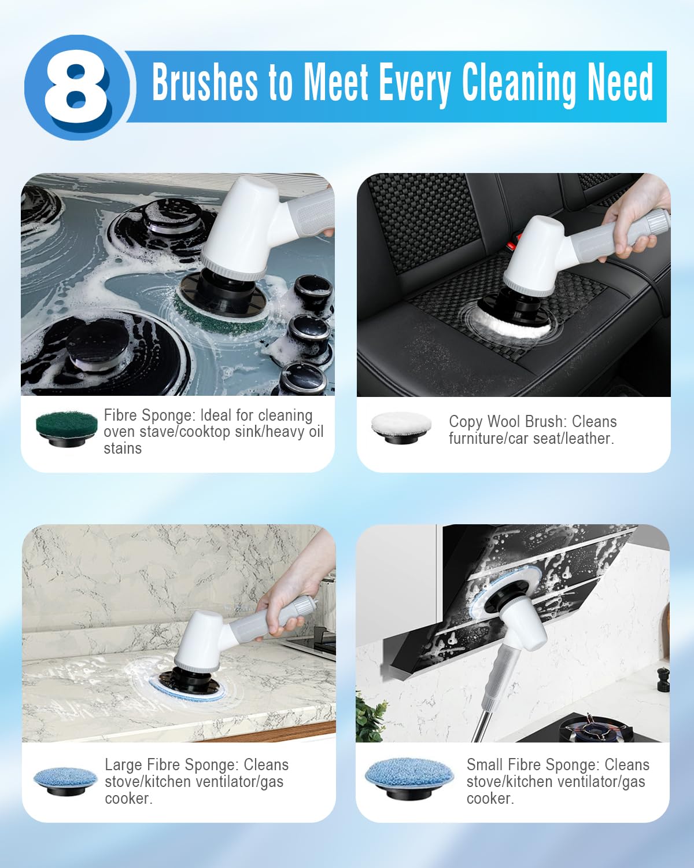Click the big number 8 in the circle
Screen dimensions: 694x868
click(76, 87)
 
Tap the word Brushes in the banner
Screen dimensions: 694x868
click(205, 83)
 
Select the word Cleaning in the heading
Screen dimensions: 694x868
click(519, 84)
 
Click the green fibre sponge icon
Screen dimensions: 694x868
click(67, 428)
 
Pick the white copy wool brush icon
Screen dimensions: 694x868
click(401, 428)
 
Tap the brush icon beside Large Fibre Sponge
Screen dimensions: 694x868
click(65, 781)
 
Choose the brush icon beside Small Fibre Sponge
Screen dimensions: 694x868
click(409, 778)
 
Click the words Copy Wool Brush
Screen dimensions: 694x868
click(504, 422)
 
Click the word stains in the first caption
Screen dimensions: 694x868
click(123, 448)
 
